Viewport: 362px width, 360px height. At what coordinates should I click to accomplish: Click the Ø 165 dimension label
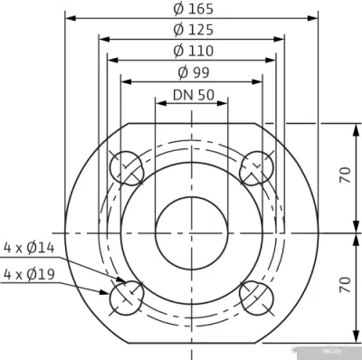(x=192, y=10)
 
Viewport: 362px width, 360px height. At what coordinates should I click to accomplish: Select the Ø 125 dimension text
(x=192, y=32)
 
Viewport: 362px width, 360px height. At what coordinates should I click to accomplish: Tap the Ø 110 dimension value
(x=192, y=52)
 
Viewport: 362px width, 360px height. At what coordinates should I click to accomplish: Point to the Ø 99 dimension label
(x=192, y=72)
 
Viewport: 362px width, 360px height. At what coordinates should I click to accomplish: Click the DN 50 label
(x=192, y=94)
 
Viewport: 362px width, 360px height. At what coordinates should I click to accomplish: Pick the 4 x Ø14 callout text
(x=30, y=246)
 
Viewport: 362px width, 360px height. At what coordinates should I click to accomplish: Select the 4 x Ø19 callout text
(x=30, y=274)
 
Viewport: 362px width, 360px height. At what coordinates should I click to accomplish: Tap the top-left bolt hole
(x=126, y=168)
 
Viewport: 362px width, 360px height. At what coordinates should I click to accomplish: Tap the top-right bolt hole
(x=257, y=168)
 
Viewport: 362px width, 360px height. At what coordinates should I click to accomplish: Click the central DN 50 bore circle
(x=192, y=232)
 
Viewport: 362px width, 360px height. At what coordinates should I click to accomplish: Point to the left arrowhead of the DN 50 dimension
(x=159, y=101)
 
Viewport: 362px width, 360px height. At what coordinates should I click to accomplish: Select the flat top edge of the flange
(x=192, y=122)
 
